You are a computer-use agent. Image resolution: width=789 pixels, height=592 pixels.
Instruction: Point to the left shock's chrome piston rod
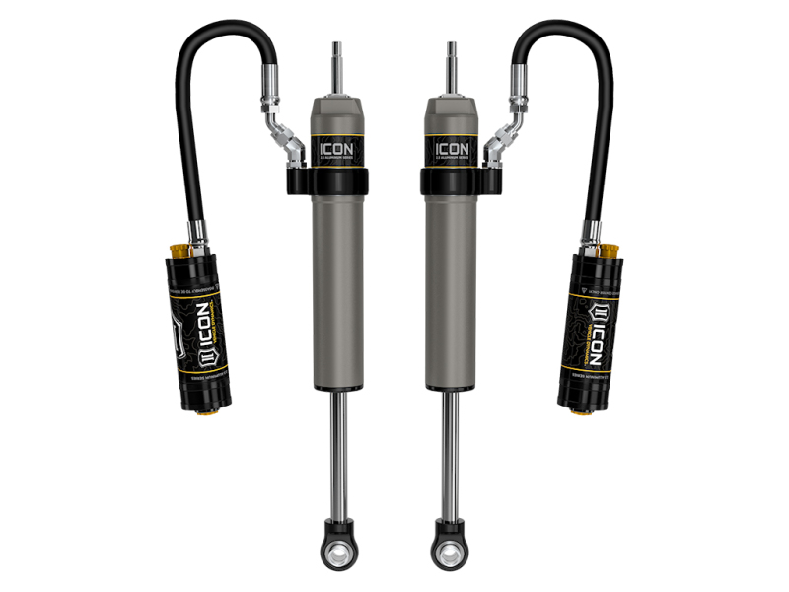(338, 444)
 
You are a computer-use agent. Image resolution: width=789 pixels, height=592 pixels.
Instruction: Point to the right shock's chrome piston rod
(450, 444)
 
